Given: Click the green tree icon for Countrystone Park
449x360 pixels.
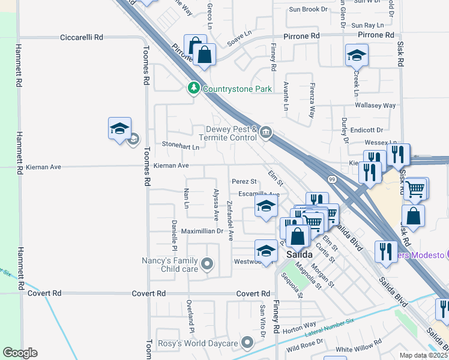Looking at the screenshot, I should tap(193, 89).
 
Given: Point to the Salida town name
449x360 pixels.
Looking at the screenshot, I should tap(298, 254).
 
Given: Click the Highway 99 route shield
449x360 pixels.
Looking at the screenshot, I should tap(331, 179).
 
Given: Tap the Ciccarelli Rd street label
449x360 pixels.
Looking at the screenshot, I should tap(82, 37).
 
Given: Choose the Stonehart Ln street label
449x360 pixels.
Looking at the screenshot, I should tap(181, 145).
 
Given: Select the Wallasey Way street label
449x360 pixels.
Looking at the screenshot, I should tap(376, 106).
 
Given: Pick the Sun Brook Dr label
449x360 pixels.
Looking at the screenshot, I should tap(308, 10).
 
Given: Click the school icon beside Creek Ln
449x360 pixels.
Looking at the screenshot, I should tap(357, 56).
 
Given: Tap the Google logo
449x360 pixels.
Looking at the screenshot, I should tap(20, 353).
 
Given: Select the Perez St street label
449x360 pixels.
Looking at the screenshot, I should tap(244, 181).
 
